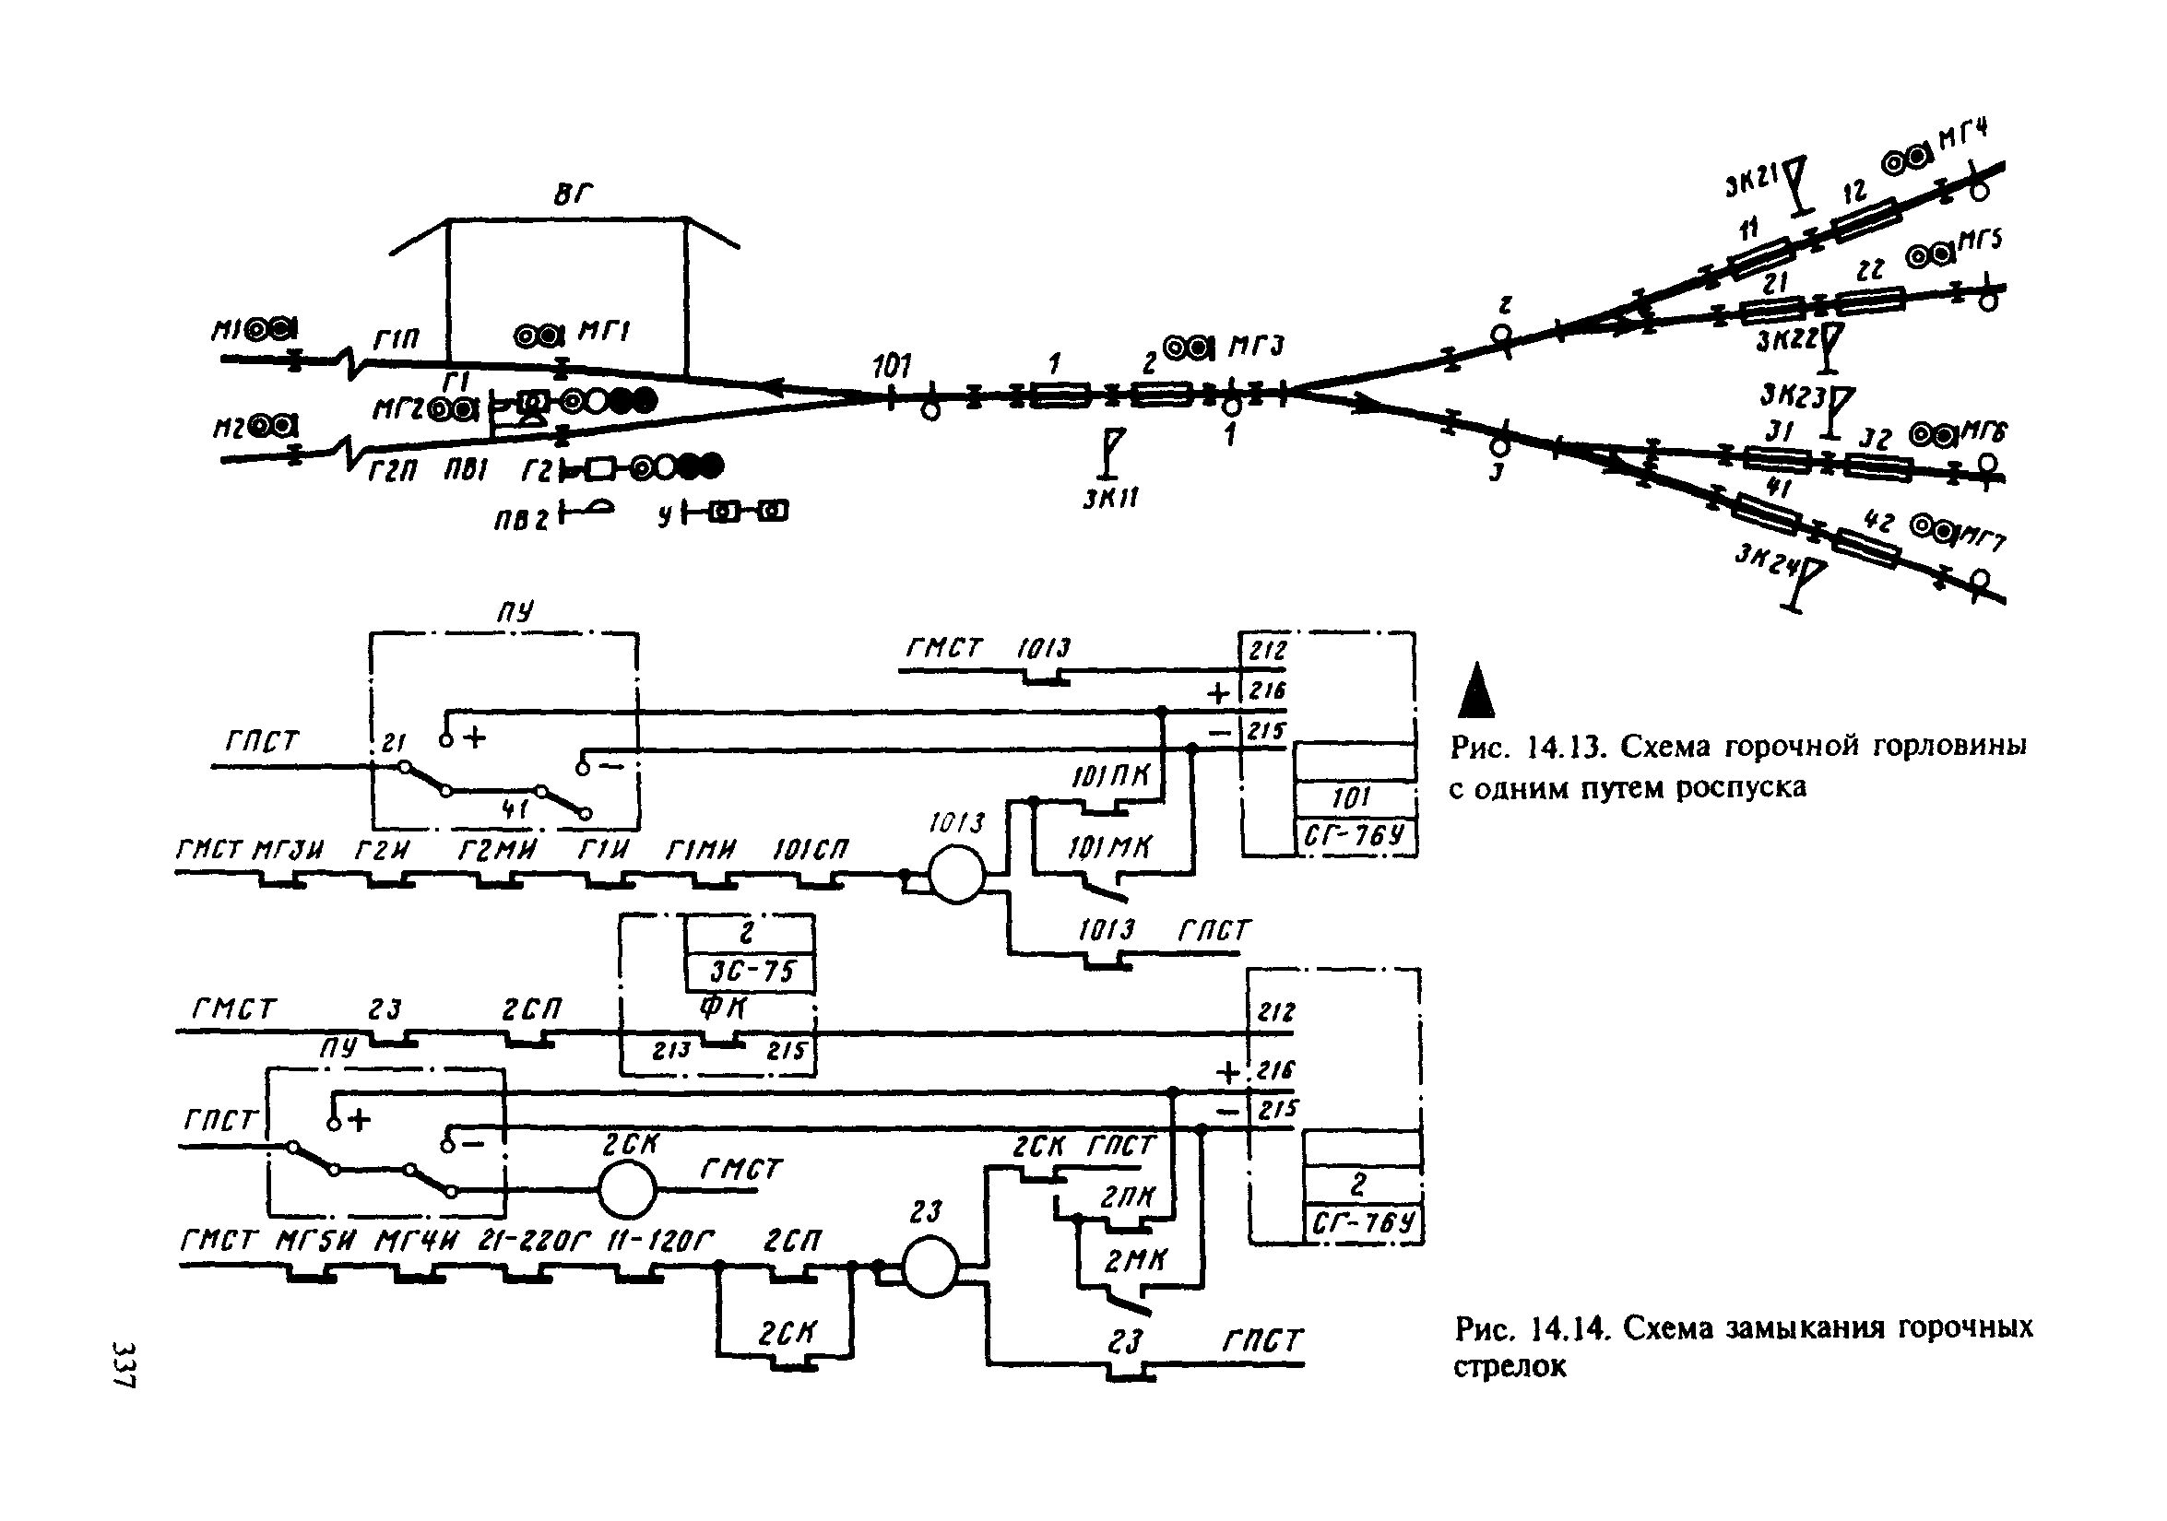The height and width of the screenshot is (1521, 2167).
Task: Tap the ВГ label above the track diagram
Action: [573, 195]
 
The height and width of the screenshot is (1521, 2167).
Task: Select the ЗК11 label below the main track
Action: [1110, 497]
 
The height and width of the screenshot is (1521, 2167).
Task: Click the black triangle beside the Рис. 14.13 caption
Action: [1476, 690]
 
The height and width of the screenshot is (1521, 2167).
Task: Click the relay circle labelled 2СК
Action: [627, 1191]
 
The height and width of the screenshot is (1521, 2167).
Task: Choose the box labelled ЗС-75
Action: [751, 972]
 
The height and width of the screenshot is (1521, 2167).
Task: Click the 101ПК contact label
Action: [1111, 775]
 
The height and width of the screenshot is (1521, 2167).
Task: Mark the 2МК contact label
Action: [1135, 1260]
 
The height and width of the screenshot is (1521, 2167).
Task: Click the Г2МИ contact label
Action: [496, 851]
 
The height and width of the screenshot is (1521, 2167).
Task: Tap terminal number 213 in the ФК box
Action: [672, 1049]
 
